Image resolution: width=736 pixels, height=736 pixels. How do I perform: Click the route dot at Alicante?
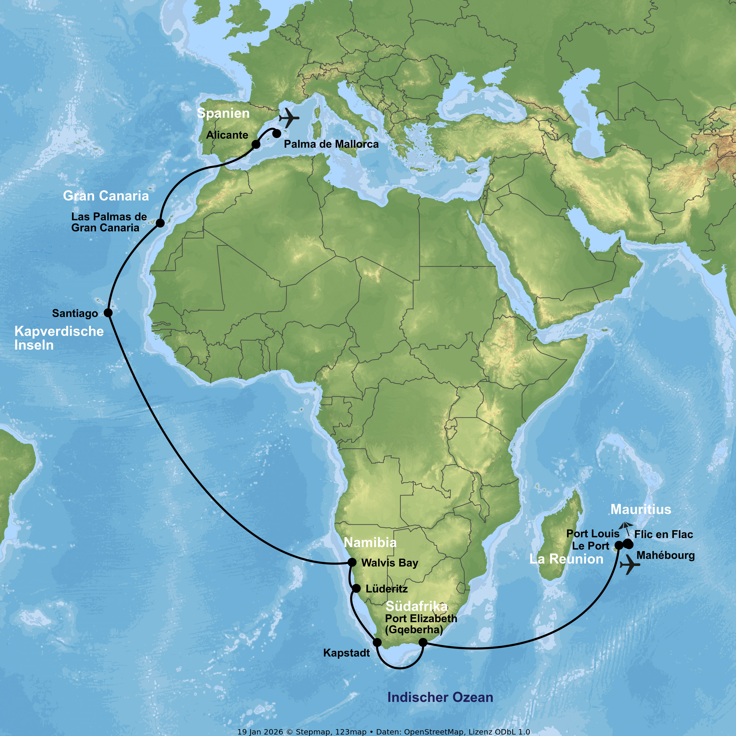click(x=256, y=145)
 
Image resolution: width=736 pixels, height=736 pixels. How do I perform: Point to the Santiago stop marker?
click(x=108, y=313)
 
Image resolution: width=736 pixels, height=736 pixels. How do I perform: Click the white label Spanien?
click(x=223, y=113)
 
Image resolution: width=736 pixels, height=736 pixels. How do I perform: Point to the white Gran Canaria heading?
click(x=106, y=196)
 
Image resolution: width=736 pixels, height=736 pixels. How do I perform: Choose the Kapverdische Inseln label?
click(x=59, y=338)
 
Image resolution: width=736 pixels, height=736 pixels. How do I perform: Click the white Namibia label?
click(x=370, y=542)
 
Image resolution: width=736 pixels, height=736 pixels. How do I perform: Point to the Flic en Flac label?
click(x=663, y=535)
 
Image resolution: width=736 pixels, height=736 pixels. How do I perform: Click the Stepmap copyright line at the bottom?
click(x=384, y=732)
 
